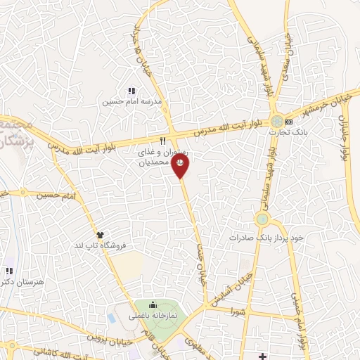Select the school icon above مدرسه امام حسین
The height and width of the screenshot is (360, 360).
click(131, 90)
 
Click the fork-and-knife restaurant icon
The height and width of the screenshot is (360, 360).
click(162, 139)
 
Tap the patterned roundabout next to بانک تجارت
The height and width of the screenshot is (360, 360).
click(278, 121)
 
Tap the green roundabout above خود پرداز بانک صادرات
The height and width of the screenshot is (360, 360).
click(262, 219)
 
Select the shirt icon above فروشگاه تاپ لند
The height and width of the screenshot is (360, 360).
click(100, 236)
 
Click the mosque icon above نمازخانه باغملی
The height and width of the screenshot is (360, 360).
click(153, 304)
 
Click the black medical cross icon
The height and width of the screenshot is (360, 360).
click(262, 356)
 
